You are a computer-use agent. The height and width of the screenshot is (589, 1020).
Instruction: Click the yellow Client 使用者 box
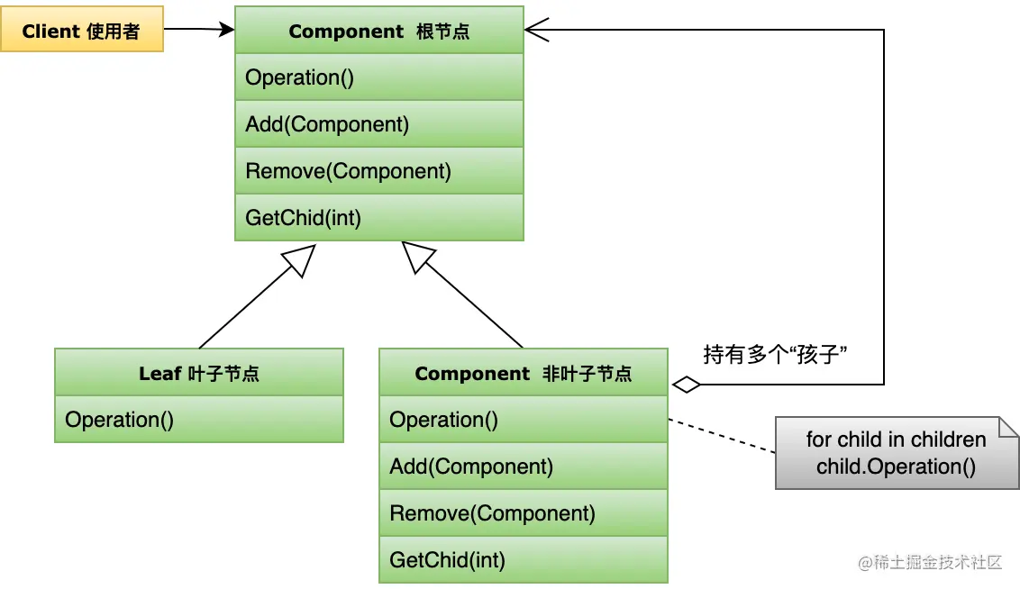[81, 32]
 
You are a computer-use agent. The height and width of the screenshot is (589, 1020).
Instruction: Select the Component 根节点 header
[378, 32]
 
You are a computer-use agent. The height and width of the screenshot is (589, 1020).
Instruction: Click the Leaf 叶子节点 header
[199, 373]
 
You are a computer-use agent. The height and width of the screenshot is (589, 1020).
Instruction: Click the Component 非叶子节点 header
[523, 373]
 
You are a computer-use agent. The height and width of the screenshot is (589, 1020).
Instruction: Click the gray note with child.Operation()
[896, 453]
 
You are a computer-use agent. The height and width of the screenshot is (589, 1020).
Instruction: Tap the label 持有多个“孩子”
[777, 354]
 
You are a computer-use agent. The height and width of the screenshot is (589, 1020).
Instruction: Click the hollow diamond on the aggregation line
[687, 385]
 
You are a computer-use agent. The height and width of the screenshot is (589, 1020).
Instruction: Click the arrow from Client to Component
[199, 30]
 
